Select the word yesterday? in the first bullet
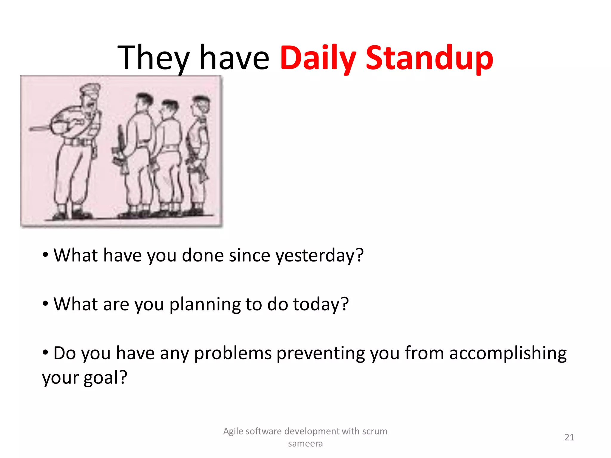[x=319, y=256]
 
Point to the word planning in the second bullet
[x=205, y=305]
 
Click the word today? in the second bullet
[x=321, y=304]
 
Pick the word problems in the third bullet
[x=233, y=354]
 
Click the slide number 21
[x=569, y=437]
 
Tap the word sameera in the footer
[x=305, y=444]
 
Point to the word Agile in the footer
[x=233, y=431]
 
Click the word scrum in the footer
[x=375, y=431]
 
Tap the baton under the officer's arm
[x=40, y=129]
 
